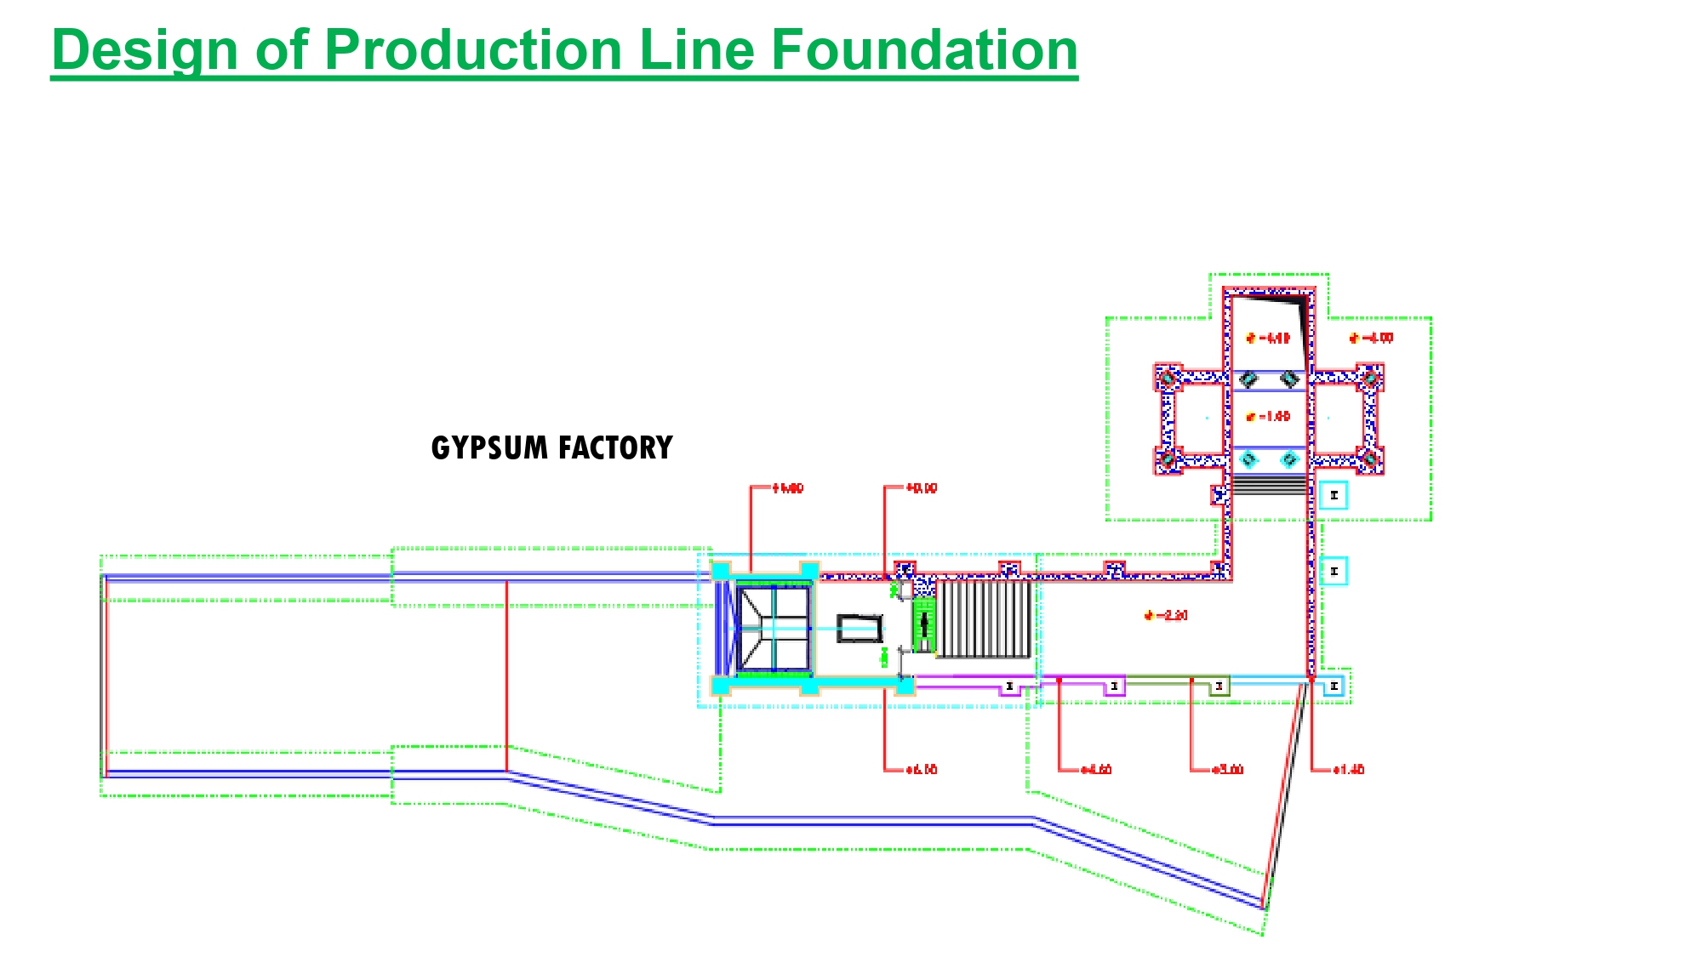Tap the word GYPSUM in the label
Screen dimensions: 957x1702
click(489, 448)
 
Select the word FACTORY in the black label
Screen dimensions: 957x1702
click(615, 448)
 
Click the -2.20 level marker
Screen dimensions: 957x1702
click(1168, 615)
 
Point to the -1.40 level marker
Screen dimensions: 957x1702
click(1270, 417)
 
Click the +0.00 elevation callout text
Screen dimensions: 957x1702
click(921, 488)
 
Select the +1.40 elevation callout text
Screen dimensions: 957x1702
click(1348, 770)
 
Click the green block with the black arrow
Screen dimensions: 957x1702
click(923, 624)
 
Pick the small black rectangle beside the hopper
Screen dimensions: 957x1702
click(860, 629)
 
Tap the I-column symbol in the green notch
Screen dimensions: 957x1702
click(1219, 686)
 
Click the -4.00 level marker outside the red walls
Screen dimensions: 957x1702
click(1374, 339)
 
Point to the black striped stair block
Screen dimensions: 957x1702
click(985, 619)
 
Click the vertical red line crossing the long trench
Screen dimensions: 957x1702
click(507, 676)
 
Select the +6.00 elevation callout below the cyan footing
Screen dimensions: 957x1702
click(921, 770)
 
